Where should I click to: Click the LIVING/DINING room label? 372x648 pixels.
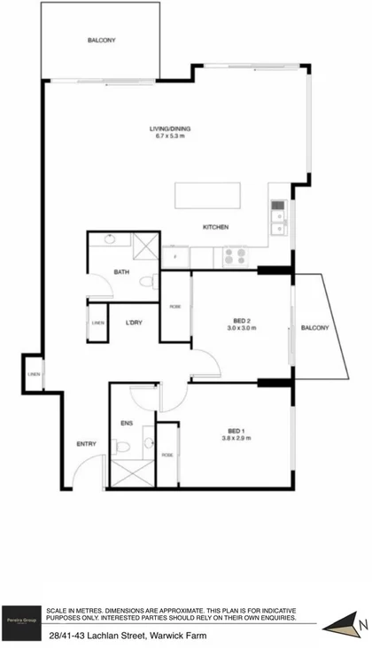(x=172, y=135)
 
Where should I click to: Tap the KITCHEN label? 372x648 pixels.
(x=216, y=228)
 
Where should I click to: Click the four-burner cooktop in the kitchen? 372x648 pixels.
(x=235, y=255)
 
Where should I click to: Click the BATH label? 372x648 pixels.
(x=122, y=272)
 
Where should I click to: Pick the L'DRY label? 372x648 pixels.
(x=134, y=322)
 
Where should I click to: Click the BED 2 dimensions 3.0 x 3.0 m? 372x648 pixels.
(x=241, y=328)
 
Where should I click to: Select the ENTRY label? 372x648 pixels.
(x=86, y=444)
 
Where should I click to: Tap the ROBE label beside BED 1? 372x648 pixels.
(x=167, y=455)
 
